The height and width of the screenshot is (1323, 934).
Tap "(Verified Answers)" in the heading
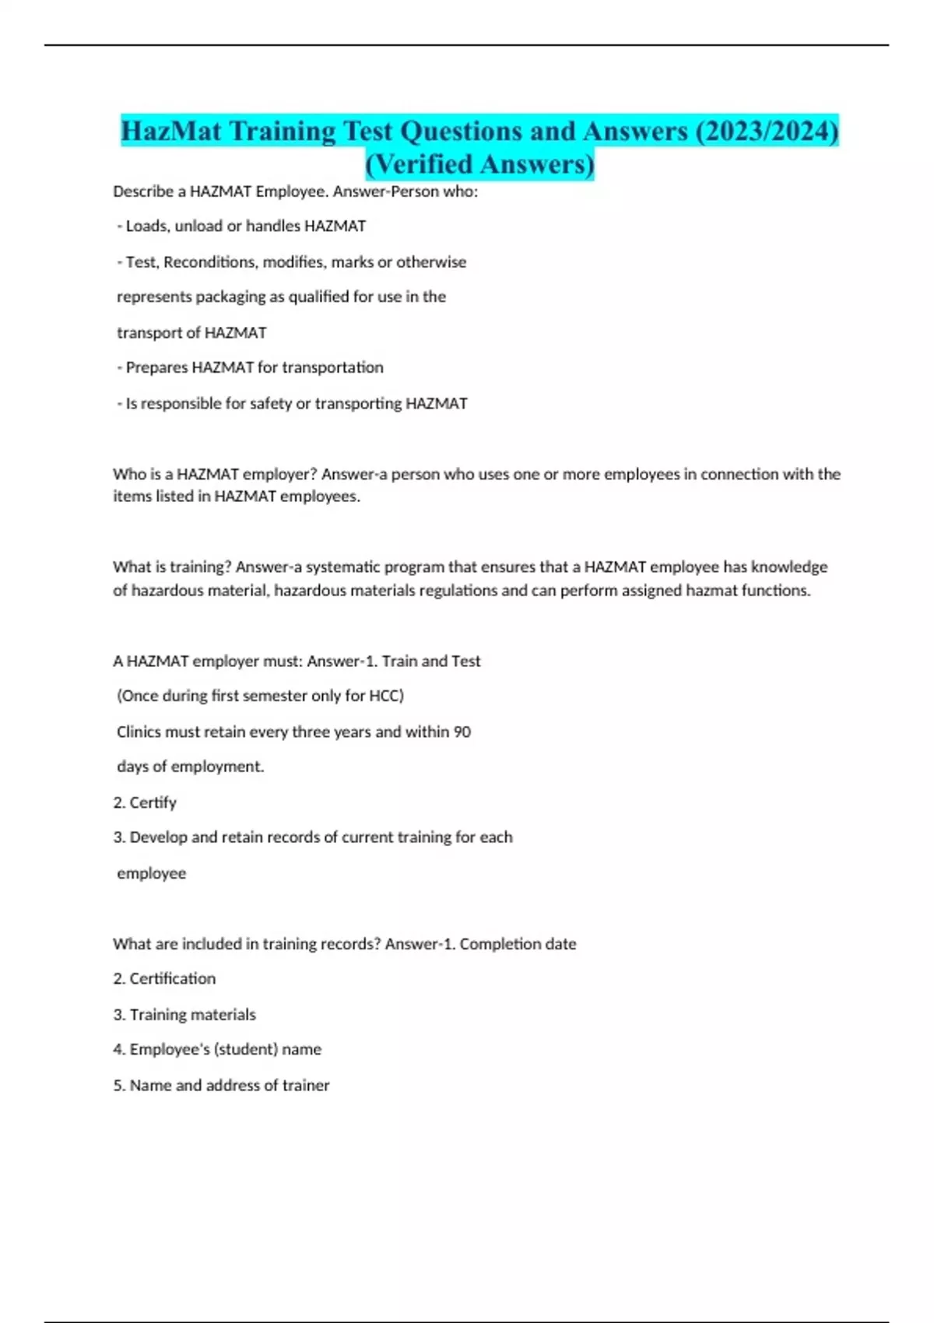pyautogui.click(x=479, y=164)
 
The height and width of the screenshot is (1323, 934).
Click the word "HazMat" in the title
pyautogui.click(x=171, y=131)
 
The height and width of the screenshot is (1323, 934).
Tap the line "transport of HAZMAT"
pyautogui.click(x=191, y=333)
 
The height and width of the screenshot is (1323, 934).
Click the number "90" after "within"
pyautogui.click(x=462, y=732)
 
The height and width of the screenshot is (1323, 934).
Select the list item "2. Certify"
pyautogui.click(x=145, y=802)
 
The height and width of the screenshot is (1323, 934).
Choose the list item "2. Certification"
pyautogui.click(x=164, y=979)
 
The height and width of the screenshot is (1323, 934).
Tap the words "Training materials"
pyautogui.click(x=192, y=1015)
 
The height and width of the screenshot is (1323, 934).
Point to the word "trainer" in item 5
pyautogui.click(x=306, y=1086)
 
